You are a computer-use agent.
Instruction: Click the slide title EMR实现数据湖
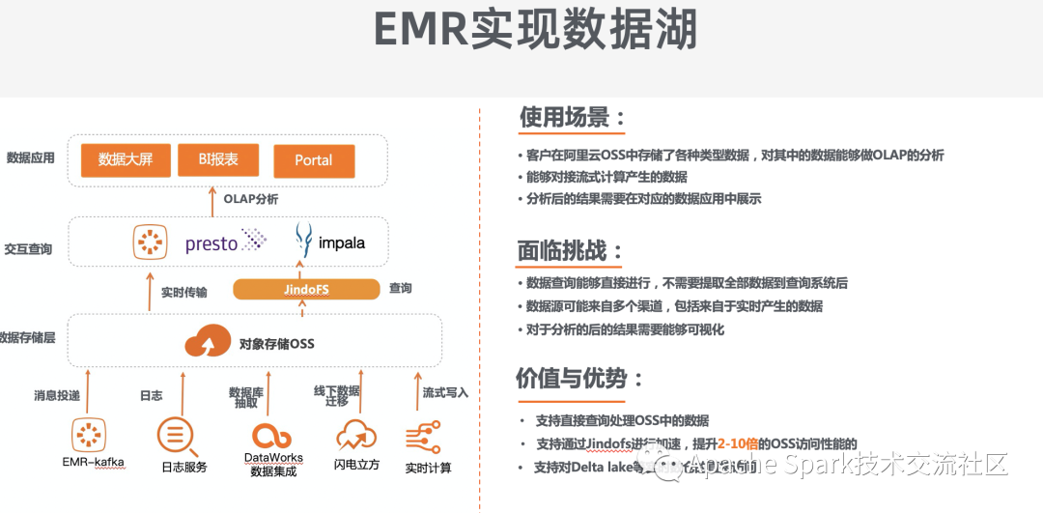point(534,31)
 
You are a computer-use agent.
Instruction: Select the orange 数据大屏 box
point(126,160)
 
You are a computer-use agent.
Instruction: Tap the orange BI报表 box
point(218,160)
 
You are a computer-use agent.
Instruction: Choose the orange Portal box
point(314,160)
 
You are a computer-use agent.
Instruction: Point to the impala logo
point(330,242)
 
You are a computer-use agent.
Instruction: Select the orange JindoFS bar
point(306,289)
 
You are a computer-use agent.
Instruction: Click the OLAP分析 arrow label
point(251,199)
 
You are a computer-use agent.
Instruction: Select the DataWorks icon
point(272,435)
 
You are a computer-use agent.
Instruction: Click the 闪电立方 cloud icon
point(356,436)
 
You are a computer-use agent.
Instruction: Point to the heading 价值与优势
point(578,378)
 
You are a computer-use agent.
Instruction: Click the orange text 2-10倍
point(737,443)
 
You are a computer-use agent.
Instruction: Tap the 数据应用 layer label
point(31,158)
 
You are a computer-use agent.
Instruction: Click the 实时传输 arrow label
point(183,292)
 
